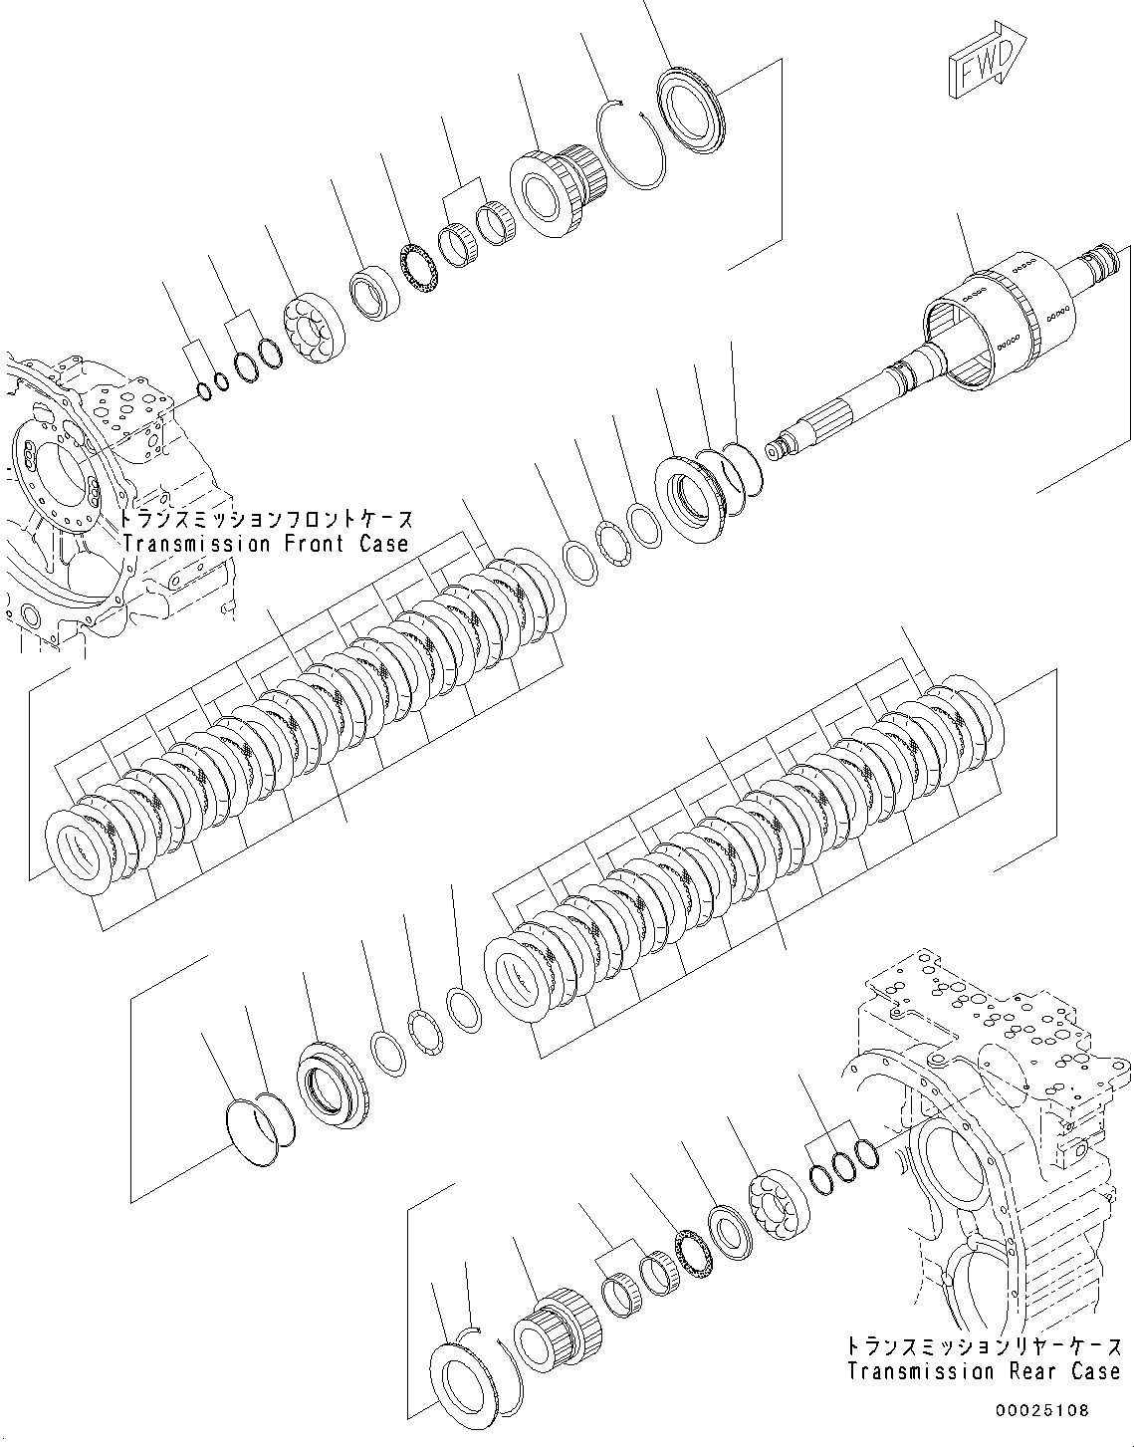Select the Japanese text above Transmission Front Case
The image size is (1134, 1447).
pyautogui.click(x=265, y=520)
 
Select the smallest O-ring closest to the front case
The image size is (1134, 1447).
pyautogui.click(x=203, y=390)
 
